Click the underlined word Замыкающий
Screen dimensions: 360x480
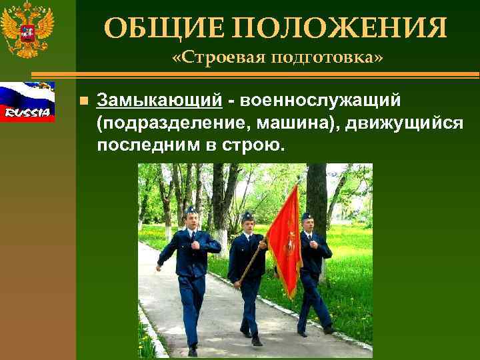159,100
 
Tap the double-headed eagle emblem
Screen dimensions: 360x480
27,31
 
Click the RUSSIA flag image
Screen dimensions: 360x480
27,101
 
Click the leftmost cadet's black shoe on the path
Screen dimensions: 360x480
193,349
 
